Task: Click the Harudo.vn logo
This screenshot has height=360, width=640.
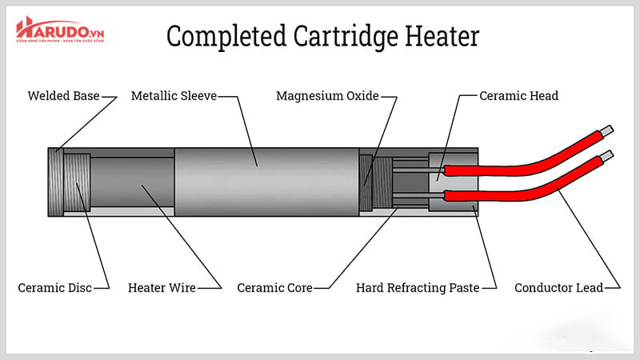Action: (59, 31)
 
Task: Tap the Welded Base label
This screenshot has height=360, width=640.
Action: (63, 96)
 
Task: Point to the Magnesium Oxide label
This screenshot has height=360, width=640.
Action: (326, 96)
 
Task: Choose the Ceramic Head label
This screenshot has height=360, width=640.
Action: (518, 96)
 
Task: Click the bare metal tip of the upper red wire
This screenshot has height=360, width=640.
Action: (609, 129)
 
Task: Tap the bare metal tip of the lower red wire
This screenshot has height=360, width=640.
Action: (609, 154)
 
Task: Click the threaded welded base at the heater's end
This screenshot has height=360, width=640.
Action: (55, 182)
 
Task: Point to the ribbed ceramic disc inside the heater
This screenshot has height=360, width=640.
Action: (78, 182)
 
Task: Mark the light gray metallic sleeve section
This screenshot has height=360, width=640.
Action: (264, 182)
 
